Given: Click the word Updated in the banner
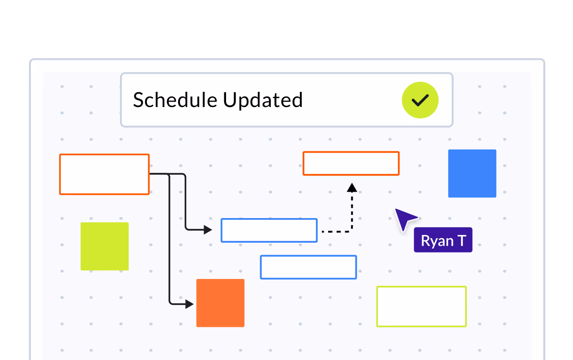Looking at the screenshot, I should coord(263,100).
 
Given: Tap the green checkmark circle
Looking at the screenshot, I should coord(420,100).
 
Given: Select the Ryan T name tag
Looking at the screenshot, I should coord(443,240).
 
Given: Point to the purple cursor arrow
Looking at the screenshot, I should coord(405,219).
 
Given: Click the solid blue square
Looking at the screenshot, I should coord(472,173).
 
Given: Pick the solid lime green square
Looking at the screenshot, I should coord(104,246).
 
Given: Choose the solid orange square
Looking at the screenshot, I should coord(220,303).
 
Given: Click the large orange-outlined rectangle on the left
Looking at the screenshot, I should coord(104,174).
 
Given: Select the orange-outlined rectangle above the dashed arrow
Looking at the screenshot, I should coord(351,163).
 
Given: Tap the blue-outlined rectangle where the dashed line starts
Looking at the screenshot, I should coord(269,231).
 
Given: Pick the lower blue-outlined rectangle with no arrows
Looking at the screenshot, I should coord(308,267).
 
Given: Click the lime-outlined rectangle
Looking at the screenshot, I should coord(421,307).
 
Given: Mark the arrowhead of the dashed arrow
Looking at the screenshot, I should coord(352,187).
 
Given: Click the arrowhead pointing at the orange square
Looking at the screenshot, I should coord(190,304).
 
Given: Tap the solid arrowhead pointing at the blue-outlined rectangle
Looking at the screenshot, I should coord(208,230).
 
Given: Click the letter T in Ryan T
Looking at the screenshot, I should coord(461,241).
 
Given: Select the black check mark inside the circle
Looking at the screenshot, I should coord(420,100).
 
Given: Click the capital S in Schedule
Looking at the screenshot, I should coord(138,100).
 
